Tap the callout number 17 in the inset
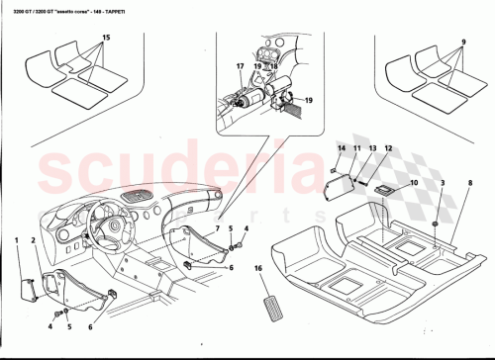pyautogui.click(x=239, y=67)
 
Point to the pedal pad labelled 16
pyautogui.click(x=276, y=302)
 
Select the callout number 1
pyautogui.click(x=18, y=240)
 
